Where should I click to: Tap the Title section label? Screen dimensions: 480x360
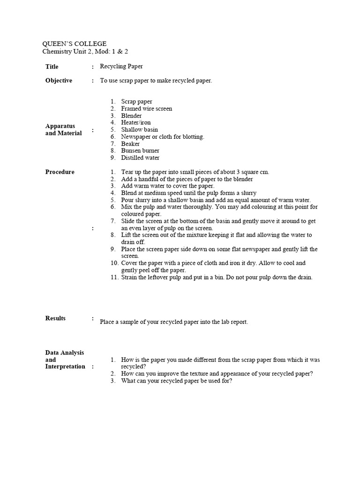pyautogui.click(x=52, y=67)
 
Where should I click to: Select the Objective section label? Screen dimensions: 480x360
pyautogui.click(x=59, y=81)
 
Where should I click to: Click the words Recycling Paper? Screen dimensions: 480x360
pyautogui.click(x=121, y=67)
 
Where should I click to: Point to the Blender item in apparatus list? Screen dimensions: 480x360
pyautogui.click(x=131, y=115)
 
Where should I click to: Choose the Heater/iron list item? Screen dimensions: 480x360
pyautogui.click(x=136, y=122)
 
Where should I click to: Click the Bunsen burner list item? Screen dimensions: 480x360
pyautogui.click(x=140, y=150)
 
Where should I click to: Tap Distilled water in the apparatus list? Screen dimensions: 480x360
pyautogui.click(x=140, y=157)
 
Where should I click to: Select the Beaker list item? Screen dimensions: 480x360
pyautogui.click(x=130, y=143)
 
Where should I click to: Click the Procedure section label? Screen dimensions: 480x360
pyautogui.click(x=60, y=172)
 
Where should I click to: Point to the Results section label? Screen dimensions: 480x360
pyautogui.click(x=55, y=318)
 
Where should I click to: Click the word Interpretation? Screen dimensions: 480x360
pyautogui.click(x=65, y=367)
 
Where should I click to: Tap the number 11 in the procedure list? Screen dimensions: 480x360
pyautogui.click(x=114, y=277)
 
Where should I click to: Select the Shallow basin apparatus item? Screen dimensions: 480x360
pyautogui.click(x=139, y=129)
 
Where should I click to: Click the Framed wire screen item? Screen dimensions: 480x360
pyautogui.click(x=146, y=108)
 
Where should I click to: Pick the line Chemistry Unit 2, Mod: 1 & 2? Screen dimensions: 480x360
pyautogui.click(x=82, y=51)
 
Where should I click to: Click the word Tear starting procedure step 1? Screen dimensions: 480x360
pyautogui.click(x=127, y=172)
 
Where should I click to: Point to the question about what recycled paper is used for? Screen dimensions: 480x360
pyautogui.click(x=176, y=381)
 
